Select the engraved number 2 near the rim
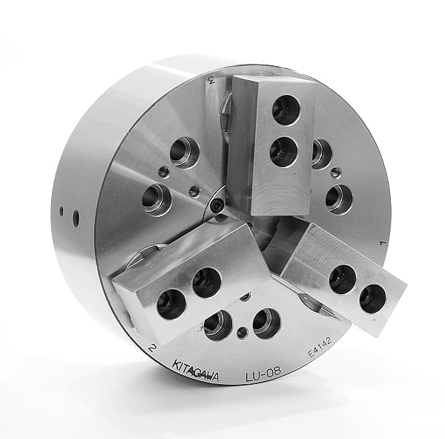[152, 346]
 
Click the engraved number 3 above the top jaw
[211, 81]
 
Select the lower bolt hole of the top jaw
[283, 152]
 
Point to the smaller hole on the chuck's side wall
[62, 211]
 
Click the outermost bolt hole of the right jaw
[372, 298]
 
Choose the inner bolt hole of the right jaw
[342, 279]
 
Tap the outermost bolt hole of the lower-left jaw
[171, 305]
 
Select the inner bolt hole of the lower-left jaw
[206, 282]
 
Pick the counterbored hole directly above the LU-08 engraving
[266, 323]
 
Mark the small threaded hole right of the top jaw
[335, 172]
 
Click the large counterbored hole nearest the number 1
[338, 198]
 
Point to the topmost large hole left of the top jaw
[185, 152]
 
